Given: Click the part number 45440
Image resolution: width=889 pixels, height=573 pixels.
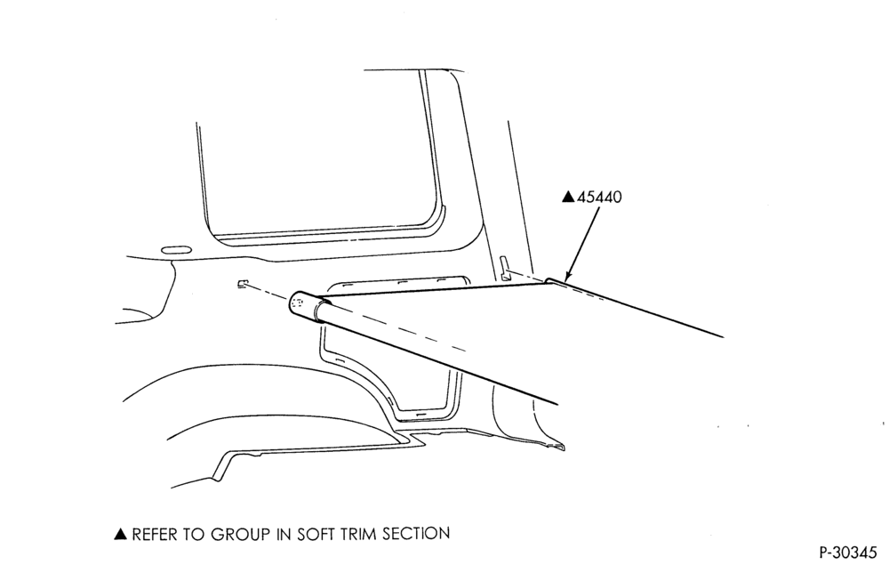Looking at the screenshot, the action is [x=598, y=197].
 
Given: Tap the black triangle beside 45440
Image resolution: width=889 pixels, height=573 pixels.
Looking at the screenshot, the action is [x=568, y=197].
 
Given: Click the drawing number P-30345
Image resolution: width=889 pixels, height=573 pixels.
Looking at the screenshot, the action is [x=847, y=552].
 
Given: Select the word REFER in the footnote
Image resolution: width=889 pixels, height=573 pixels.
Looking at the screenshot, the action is [x=153, y=534].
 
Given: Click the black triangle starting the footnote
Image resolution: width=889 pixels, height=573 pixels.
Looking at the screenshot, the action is [x=120, y=534].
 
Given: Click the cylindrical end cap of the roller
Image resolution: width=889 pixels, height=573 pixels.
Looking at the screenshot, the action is [x=304, y=306].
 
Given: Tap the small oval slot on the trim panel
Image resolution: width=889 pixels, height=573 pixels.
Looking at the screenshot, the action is [x=176, y=250].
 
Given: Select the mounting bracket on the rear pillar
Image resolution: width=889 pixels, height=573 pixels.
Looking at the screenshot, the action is [x=503, y=269].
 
